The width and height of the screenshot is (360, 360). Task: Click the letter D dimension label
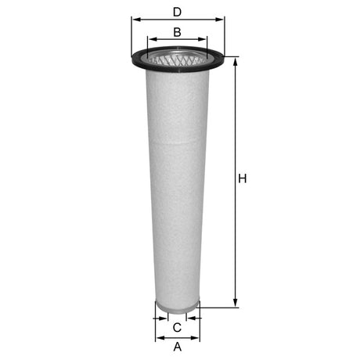point(177,12)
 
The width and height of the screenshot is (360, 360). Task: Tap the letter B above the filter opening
point(177,32)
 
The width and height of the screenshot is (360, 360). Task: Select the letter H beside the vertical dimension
point(243,179)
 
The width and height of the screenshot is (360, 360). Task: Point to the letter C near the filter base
point(177,327)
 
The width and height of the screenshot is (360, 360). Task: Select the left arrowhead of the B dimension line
point(151,39)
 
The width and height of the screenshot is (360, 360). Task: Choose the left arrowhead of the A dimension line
point(160,338)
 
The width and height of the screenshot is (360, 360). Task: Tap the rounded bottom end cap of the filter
point(178,308)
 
